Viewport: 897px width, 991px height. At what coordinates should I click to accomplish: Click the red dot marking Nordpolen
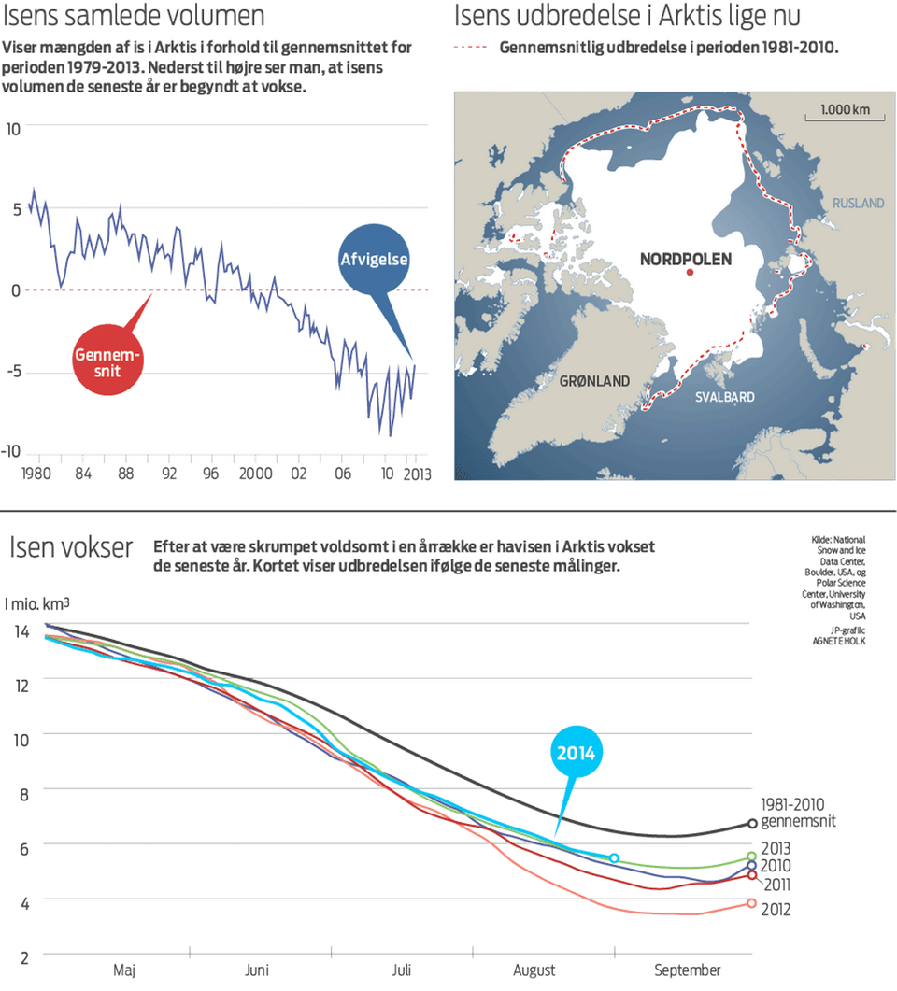(x=691, y=272)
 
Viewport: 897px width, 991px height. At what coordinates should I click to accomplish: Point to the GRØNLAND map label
(x=594, y=381)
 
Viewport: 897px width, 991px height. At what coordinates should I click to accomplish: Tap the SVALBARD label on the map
(x=724, y=397)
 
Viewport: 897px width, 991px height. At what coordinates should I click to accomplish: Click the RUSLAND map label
(x=857, y=203)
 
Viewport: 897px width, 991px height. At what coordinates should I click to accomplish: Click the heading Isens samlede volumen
(x=135, y=17)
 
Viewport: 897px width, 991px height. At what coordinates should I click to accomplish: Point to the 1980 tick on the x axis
(x=36, y=473)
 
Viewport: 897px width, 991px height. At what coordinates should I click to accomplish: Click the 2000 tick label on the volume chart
(x=255, y=473)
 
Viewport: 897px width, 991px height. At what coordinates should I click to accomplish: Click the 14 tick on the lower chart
(x=21, y=632)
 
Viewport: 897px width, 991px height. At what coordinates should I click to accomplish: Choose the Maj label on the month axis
(x=123, y=969)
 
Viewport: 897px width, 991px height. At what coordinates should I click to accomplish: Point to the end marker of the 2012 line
(x=752, y=903)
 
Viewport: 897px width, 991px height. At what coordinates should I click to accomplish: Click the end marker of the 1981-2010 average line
(x=753, y=823)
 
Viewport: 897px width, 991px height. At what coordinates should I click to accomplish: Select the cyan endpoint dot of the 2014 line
(x=614, y=857)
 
